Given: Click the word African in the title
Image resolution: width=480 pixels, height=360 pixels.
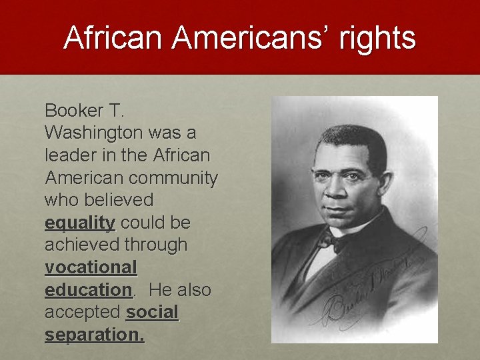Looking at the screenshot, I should [x=113, y=38].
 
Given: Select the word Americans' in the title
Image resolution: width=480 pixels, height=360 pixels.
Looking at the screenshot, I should [x=253, y=38].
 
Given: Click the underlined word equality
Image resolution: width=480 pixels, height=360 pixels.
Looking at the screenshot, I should [x=80, y=223].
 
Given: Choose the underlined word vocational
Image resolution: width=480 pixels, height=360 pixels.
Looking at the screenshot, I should [x=91, y=267].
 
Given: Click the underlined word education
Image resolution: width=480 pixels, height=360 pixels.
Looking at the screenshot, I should [x=88, y=290].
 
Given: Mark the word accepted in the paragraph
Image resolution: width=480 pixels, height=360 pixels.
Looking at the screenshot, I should [x=83, y=312].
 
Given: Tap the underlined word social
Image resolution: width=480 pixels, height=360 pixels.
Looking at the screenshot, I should [x=153, y=312].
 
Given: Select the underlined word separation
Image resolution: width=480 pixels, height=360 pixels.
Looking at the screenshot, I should [x=93, y=335].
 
